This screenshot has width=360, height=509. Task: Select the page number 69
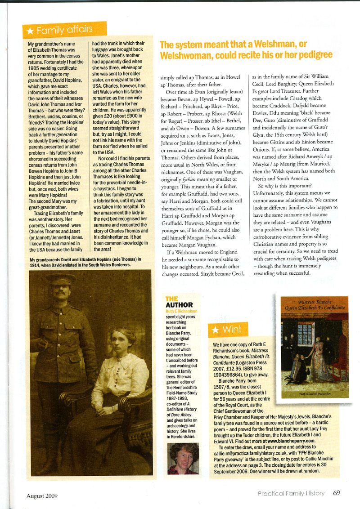point(337,493)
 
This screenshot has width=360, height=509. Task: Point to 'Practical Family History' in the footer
point(291,493)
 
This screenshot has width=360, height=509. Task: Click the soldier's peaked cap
point(60,280)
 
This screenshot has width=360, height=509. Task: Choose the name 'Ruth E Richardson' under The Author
point(184,311)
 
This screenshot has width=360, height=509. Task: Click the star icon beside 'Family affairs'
point(30,31)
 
